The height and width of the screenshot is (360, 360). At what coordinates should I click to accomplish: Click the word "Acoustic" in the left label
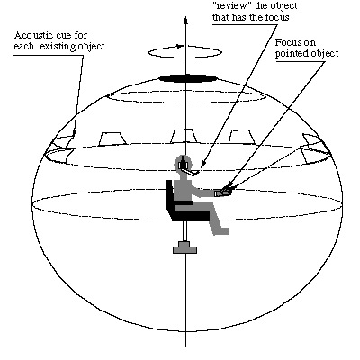click(x=32, y=36)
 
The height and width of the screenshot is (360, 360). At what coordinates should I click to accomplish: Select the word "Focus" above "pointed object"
click(x=287, y=42)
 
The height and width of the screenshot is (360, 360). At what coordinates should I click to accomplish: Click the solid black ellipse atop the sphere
click(x=187, y=78)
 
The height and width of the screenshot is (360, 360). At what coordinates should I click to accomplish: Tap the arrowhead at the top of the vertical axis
click(x=185, y=21)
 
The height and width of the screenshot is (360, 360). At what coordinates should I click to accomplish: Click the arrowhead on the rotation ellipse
click(x=180, y=46)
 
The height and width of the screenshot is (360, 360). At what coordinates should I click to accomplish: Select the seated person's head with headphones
click(x=183, y=164)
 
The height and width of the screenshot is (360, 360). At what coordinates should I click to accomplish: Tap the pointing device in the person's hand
click(x=222, y=192)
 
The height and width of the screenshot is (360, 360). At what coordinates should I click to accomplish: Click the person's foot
click(x=222, y=231)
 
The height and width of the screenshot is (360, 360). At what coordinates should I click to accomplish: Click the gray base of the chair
click(x=185, y=247)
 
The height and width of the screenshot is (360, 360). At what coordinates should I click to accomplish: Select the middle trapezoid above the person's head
click(x=184, y=136)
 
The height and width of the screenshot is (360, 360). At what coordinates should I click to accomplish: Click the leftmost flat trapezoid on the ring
click(x=112, y=139)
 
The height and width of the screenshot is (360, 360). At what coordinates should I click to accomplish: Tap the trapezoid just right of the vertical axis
click(x=242, y=137)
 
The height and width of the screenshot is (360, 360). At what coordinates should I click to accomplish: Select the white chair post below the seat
click(x=185, y=231)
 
